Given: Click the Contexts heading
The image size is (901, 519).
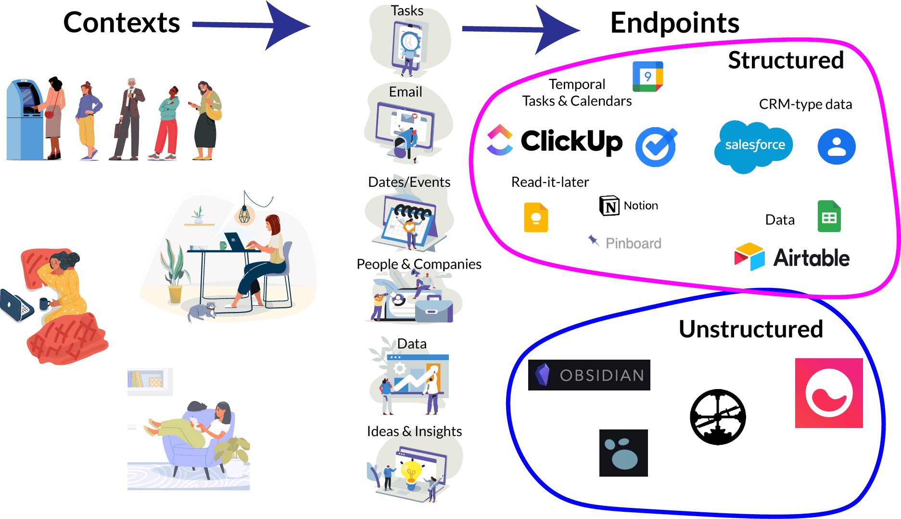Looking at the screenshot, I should pos(121,23).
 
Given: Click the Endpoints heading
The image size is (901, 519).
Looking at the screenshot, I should pos(674,23).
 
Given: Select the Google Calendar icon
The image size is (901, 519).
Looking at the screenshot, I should pos(647,77).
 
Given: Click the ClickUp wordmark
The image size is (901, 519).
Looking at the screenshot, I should pos(571,141).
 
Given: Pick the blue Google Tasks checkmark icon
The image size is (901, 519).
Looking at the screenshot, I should pos(656,147).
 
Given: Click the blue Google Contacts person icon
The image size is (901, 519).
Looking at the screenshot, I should pos(836,146).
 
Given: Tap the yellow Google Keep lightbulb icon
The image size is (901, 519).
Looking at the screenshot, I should pos(536,218).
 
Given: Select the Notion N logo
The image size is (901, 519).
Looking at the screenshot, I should pos(609,206).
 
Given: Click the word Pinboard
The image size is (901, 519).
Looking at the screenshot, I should pos(633,244).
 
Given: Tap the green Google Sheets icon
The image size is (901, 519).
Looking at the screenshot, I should pos(829,217).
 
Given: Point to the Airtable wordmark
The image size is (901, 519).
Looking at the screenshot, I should pos(811,258).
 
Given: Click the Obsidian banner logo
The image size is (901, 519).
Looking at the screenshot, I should pos(589,375).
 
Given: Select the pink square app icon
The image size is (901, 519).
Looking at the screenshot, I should pos(828,393).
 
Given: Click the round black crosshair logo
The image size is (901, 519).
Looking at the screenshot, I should pos(718,417).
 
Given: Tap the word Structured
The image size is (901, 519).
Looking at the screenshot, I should pos(786,61).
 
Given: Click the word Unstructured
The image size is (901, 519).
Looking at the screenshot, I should pos(750,329).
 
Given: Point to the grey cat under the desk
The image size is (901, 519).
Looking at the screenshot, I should pos(202,311).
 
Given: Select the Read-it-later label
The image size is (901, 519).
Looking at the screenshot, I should pos(550,182).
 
